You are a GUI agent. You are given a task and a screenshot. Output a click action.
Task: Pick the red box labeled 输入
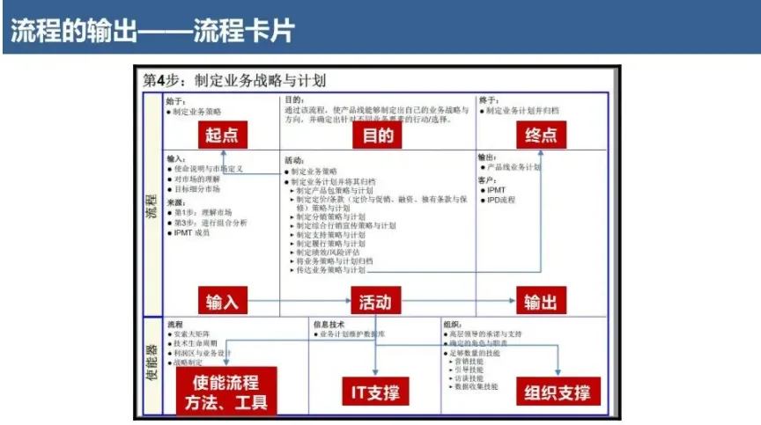221,302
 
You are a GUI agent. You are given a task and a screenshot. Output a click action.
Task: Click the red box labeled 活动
375,302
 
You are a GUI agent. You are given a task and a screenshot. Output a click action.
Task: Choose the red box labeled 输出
540,302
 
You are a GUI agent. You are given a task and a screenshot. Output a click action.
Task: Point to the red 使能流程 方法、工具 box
226,392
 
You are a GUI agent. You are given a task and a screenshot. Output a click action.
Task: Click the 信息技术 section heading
329,324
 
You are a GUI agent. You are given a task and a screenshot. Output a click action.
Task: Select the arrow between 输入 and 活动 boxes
300,302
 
